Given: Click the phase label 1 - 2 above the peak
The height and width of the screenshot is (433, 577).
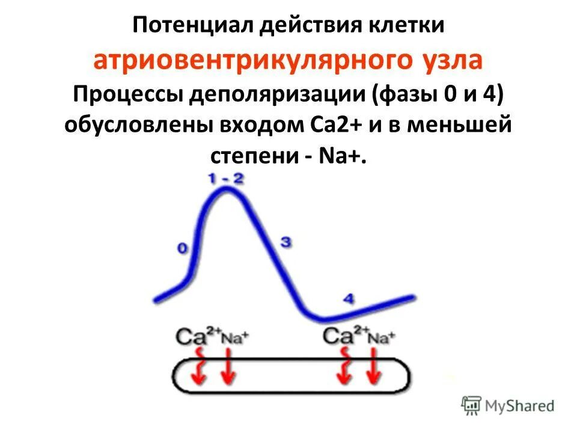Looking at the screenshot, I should click(x=227, y=178).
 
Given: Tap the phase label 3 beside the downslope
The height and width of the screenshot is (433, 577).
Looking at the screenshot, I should click(x=286, y=242).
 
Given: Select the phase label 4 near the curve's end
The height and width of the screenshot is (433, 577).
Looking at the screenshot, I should click(x=349, y=298).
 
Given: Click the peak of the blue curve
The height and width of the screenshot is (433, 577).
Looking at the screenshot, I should click(x=227, y=191).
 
